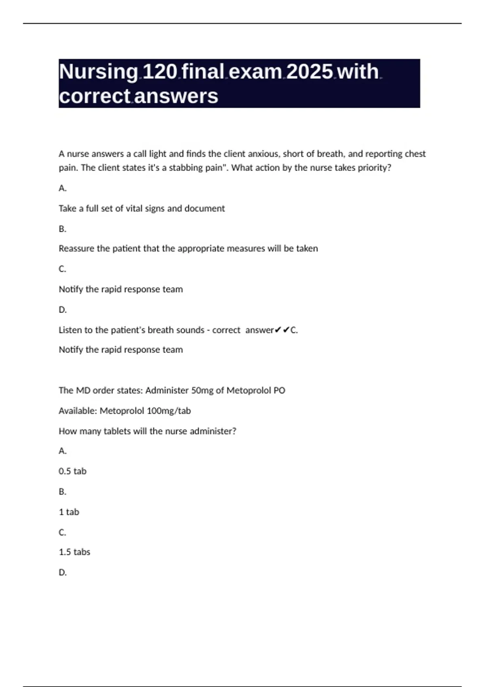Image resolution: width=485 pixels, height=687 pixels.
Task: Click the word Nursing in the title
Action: [x=99, y=72]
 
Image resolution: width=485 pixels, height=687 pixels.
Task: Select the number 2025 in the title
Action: [x=310, y=72]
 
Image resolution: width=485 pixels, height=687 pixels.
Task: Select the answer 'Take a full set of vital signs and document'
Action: [x=141, y=209]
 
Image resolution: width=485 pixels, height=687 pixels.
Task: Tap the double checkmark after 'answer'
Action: [x=282, y=330]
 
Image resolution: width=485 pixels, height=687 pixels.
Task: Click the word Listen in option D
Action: [x=70, y=330]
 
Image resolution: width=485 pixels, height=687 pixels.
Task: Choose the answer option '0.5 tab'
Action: [x=72, y=471]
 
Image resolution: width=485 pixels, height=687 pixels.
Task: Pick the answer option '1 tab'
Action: [x=69, y=512]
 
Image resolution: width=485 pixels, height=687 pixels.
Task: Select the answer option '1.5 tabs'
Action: [x=74, y=552]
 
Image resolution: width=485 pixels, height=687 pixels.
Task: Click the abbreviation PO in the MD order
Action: [x=279, y=390]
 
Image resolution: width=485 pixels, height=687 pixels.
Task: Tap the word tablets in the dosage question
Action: [x=117, y=431]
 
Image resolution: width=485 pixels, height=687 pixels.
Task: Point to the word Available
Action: [x=78, y=411]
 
